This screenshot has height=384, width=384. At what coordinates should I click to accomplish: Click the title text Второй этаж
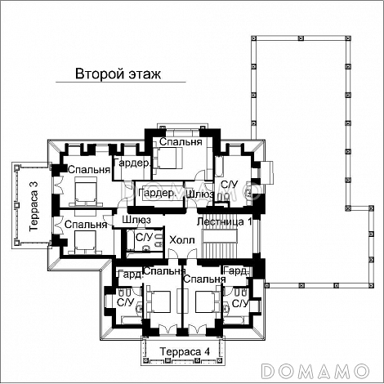[118, 74]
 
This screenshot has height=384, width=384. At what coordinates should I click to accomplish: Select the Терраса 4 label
[185, 351]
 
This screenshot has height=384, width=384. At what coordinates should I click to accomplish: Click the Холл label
[182, 240]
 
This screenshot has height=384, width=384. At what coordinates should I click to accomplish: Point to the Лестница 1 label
[224, 221]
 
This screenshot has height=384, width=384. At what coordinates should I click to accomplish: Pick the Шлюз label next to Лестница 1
[200, 194]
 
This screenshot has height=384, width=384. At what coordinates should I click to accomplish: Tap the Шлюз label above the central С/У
[136, 220]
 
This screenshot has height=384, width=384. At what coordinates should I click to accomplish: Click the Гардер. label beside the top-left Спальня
[132, 163]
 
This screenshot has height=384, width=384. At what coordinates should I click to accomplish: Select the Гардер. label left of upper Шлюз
[157, 193]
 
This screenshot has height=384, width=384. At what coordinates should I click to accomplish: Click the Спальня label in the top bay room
[181, 141]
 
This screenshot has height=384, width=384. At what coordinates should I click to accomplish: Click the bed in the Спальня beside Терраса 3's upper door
[86, 191]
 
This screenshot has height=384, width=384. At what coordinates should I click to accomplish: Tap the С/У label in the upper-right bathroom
[229, 185]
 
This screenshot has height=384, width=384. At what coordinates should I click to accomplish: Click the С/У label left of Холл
[144, 237]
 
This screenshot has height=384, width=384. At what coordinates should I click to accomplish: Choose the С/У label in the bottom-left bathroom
[126, 301]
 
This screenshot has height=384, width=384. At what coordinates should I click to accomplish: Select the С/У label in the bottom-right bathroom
[240, 303]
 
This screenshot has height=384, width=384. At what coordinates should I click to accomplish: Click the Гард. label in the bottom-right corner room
[236, 270]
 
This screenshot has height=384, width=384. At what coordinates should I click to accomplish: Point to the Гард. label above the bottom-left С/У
[131, 275]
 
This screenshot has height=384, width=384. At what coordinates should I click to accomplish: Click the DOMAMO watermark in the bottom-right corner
[315, 371]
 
